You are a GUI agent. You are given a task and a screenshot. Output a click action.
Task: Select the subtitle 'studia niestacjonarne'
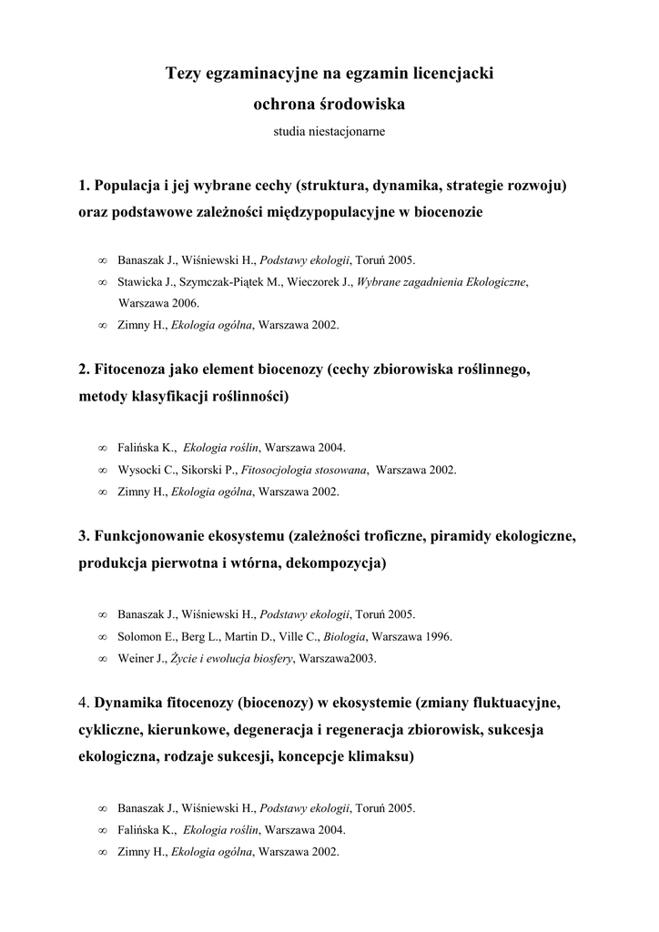[329, 132]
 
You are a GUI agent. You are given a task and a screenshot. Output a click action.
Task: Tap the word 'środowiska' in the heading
[361, 105]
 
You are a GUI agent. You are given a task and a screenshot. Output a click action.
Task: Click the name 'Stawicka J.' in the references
[147, 283]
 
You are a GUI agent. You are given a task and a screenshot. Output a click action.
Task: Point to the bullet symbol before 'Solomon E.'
[102, 637]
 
